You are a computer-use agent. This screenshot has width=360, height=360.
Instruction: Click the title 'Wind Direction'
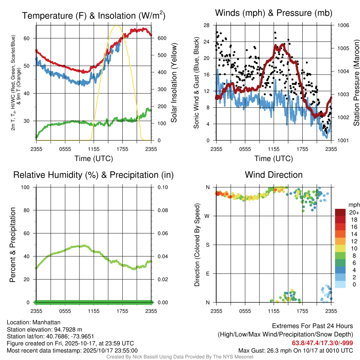click(x=274, y=175)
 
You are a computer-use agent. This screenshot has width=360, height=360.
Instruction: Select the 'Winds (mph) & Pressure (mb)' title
click(x=274, y=13)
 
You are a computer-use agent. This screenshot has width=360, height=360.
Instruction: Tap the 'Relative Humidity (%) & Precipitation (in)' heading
click(x=94, y=175)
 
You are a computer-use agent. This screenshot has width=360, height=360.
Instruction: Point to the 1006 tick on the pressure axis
click(x=343, y=25)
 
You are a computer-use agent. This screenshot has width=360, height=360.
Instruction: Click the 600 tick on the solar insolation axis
click(x=158, y=38)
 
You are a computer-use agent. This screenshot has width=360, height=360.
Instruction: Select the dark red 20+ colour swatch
click(x=340, y=212)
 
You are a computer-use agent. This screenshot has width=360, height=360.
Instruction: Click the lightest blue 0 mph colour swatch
click(x=340, y=284)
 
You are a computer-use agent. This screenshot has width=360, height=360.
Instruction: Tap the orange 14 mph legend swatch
click(x=340, y=234)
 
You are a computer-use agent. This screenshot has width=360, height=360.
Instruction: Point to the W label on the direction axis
click(x=207, y=216)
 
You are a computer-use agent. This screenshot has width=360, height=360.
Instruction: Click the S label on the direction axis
click(x=207, y=245)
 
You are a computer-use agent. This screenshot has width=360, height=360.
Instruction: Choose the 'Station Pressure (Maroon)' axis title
click(x=356, y=83)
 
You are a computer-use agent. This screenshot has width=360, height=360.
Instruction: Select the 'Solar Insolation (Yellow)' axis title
click(x=174, y=83)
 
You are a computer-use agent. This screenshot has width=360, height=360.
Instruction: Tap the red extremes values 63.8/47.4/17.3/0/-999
click(x=322, y=343)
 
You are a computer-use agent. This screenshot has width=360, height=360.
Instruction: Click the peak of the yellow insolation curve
click(x=117, y=26)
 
